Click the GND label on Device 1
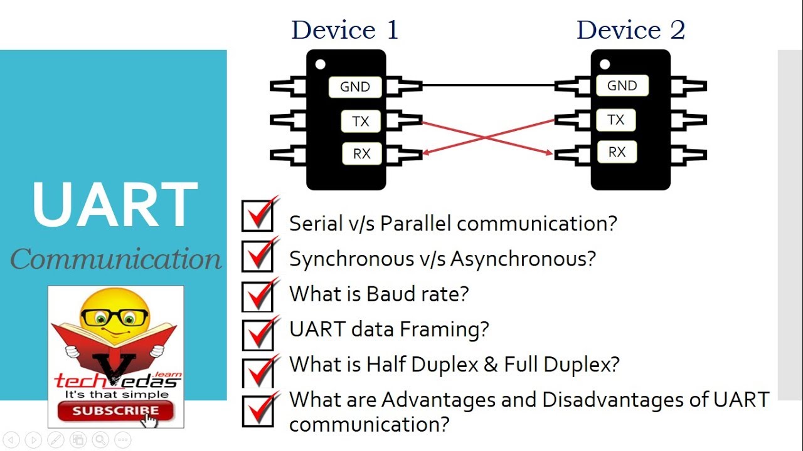tap(355, 87)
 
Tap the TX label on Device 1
tap(361, 121)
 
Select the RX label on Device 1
tap(362, 153)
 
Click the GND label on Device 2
tap(622, 86)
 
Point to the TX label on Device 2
tap(616, 120)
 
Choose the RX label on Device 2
tap(617, 152)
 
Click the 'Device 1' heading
tap(344, 30)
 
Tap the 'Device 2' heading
tap(630, 30)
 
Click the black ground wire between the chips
tap(488, 85)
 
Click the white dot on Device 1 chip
tap(321, 64)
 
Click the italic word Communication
tap(116, 259)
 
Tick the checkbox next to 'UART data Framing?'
tap(257, 334)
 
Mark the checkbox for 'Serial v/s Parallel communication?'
tap(257, 216)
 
